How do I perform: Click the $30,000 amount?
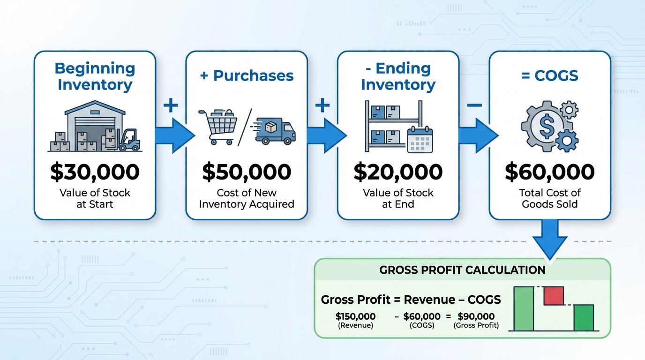point(95,172)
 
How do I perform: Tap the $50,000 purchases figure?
point(247,172)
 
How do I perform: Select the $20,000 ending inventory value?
point(398,172)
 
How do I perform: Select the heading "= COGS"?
point(549,76)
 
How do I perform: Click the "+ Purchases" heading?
point(247,76)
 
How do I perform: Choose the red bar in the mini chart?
point(553,296)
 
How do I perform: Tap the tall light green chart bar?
point(524,308)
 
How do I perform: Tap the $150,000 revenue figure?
point(355,316)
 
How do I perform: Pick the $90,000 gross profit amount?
point(476,316)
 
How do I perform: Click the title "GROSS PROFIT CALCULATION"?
point(462,270)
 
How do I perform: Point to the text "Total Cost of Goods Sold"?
point(549,198)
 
